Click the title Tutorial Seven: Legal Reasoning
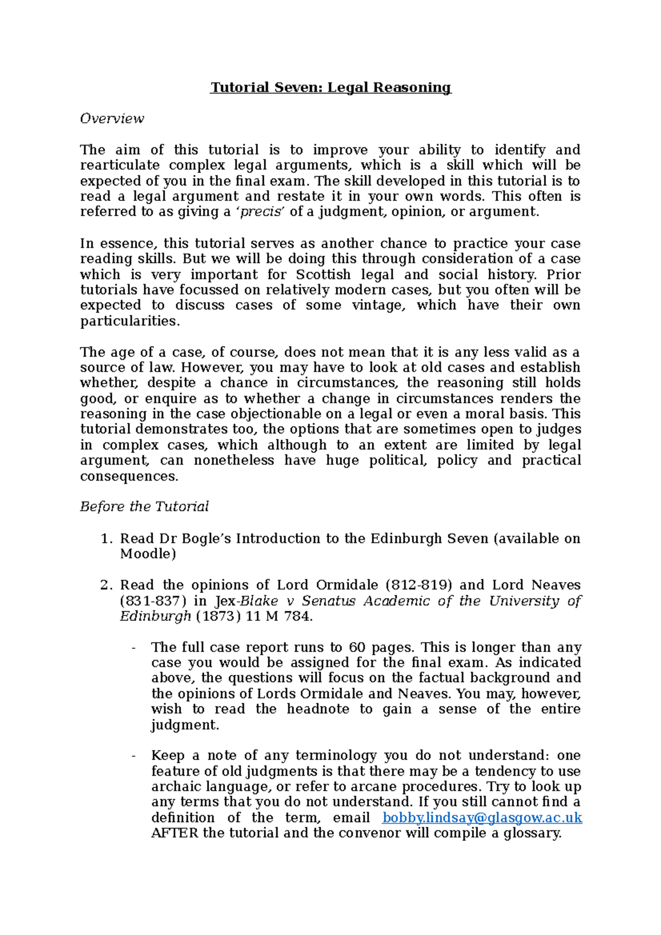(x=330, y=88)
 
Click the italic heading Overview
(x=112, y=119)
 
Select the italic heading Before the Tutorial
(x=144, y=507)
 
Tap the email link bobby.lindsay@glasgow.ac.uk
(x=482, y=818)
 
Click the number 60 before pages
(x=357, y=648)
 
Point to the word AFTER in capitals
(x=174, y=833)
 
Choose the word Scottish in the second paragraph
(x=323, y=275)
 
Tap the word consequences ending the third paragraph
(x=129, y=476)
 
